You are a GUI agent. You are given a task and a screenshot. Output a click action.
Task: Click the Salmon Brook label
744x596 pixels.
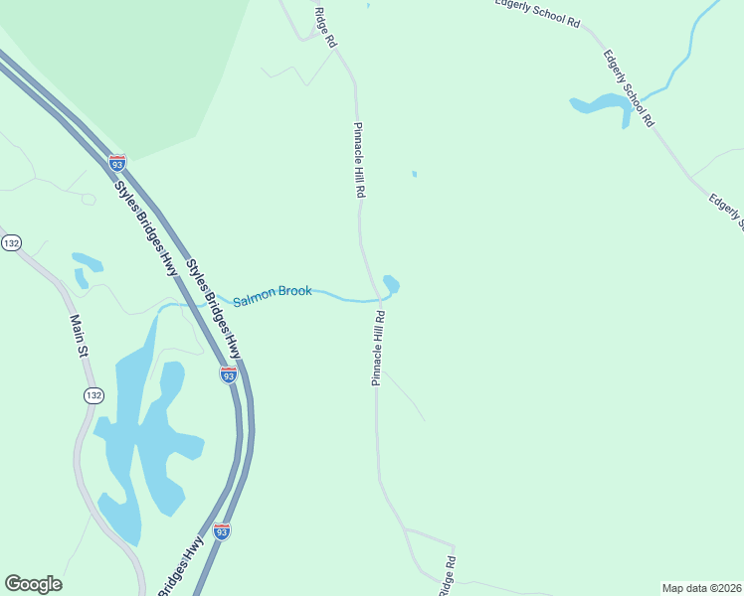[x=272, y=295]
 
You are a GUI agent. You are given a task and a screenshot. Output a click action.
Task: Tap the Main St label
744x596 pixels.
[x=78, y=339]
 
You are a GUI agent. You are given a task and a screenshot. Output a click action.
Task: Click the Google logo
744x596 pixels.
[x=33, y=584]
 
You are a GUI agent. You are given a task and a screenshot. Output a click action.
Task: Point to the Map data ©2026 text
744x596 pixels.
[x=701, y=588]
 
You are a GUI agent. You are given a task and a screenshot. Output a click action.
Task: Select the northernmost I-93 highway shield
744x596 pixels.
[x=117, y=160]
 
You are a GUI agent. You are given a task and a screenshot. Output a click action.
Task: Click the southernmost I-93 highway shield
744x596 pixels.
[x=221, y=531]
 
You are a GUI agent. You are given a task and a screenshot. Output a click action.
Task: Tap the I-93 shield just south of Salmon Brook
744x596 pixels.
[x=228, y=374]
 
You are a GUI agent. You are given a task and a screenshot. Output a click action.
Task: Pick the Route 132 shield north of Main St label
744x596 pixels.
[x=11, y=242]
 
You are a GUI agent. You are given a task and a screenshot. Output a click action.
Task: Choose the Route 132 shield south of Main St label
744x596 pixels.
[x=93, y=395]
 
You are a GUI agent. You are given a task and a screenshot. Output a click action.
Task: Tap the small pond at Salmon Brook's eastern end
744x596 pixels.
[x=391, y=285]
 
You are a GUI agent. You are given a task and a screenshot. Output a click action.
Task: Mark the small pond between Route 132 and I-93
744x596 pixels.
[x=87, y=263]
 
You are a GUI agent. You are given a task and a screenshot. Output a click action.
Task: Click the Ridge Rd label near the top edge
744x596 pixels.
[x=325, y=29]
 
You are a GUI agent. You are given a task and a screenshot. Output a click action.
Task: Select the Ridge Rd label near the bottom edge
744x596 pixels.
[x=449, y=576]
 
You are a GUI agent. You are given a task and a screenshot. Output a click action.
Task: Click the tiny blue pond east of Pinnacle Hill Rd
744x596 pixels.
[x=414, y=175]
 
